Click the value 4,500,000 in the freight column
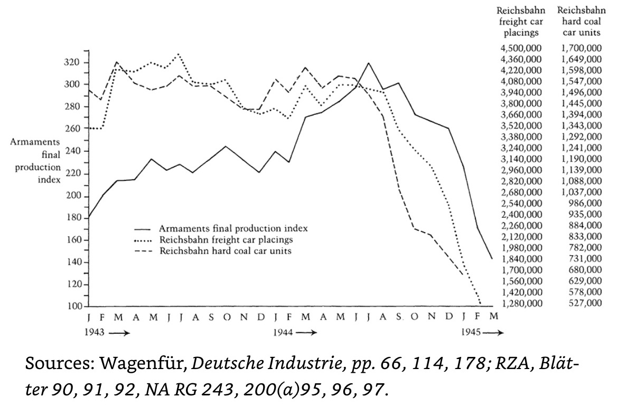[x=521, y=49]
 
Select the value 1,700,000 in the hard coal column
[x=582, y=49]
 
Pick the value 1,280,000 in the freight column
[x=521, y=303]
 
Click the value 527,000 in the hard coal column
[x=586, y=303]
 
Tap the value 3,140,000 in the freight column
[x=521, y=159]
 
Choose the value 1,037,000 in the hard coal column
[x=582, y=192]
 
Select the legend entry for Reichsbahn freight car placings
[x=227, y=240]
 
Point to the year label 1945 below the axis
[x=470, y=333]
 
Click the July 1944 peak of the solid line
[x=368, y=63]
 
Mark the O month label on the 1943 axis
[x=226, y=317]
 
